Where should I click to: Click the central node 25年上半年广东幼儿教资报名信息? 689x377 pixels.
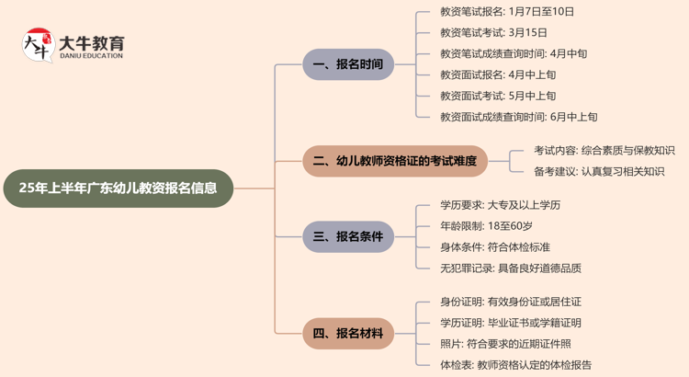[x=119, y=188]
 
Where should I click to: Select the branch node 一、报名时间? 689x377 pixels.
[x=348, y=64]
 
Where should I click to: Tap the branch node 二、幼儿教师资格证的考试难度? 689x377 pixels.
[x=395, y=161]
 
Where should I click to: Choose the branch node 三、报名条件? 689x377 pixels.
[x=348, y=236]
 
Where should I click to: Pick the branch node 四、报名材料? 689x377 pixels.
[x=348, y=333]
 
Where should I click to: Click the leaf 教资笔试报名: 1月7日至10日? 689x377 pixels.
[x=507, y=12]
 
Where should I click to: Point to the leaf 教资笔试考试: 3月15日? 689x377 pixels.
[x=493, y=33]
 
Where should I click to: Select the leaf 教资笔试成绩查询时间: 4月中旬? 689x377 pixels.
[x=514, y=54]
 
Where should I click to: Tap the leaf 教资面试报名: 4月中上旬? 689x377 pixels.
[x=498, y=75]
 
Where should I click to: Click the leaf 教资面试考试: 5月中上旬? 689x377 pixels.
[x=498, y=96]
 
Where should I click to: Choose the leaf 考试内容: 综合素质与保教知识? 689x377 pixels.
[x=604, y=150]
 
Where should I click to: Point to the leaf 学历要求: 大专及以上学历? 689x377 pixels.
[x=500, y=205]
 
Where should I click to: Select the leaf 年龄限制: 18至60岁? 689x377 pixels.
[x=486, y=226]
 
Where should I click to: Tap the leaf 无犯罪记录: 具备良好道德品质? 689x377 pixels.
[x=511, y=268]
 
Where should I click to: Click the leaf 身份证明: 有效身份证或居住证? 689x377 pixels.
[x=511, y=302]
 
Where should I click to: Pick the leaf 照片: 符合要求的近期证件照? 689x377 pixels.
[x=505, y=344]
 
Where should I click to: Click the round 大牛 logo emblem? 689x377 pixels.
[x=38, y=44]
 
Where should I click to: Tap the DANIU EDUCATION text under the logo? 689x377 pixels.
[x=91, y=57]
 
